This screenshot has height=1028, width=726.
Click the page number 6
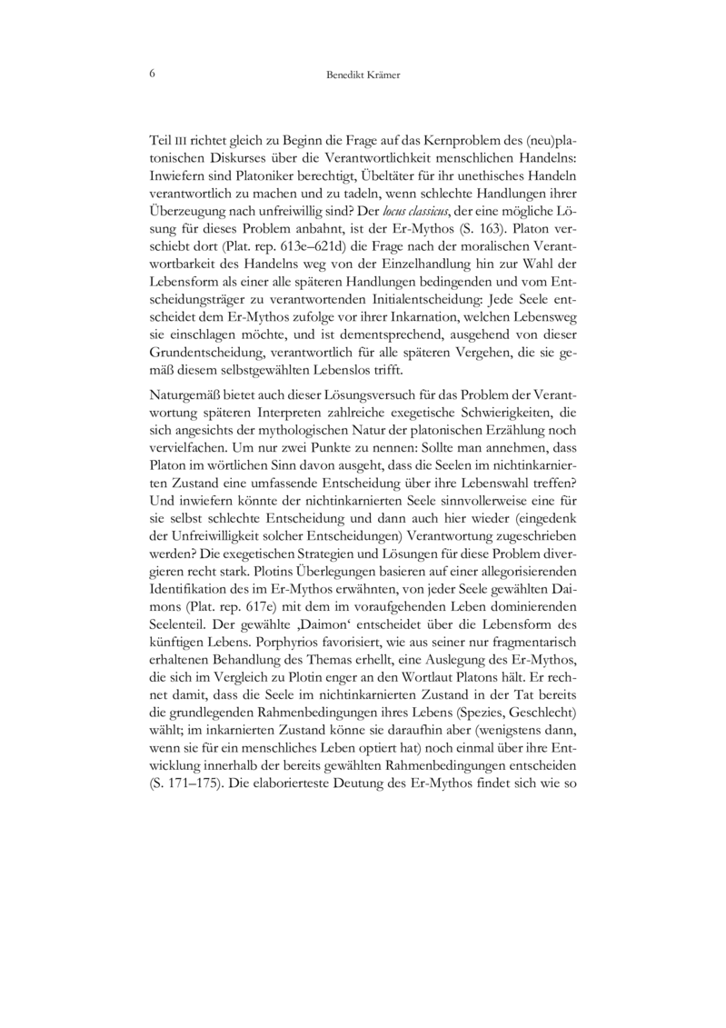[151, 74]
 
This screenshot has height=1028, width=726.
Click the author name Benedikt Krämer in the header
[363, 75]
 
